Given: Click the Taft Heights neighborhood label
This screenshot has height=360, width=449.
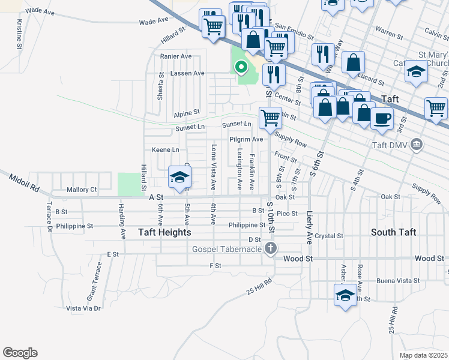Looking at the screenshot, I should [164, 232].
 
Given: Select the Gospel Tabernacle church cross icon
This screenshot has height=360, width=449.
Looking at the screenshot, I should [271, 248].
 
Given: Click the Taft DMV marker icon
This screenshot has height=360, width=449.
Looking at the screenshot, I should [418, 145].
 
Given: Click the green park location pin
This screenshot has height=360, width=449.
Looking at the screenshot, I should [241, 68].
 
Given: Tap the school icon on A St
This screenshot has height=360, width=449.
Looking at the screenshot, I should [179, 178].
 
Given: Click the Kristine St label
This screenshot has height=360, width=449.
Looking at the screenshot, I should [20, 34].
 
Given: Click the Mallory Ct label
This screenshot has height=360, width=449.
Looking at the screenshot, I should [82, 190].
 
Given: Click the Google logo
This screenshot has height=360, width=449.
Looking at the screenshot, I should [20, 353].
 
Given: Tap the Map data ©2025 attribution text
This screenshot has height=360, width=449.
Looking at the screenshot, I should [423, 355].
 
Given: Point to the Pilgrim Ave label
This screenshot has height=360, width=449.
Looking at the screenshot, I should [246, 139].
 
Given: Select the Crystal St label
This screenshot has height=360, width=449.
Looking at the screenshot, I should [328, 236].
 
